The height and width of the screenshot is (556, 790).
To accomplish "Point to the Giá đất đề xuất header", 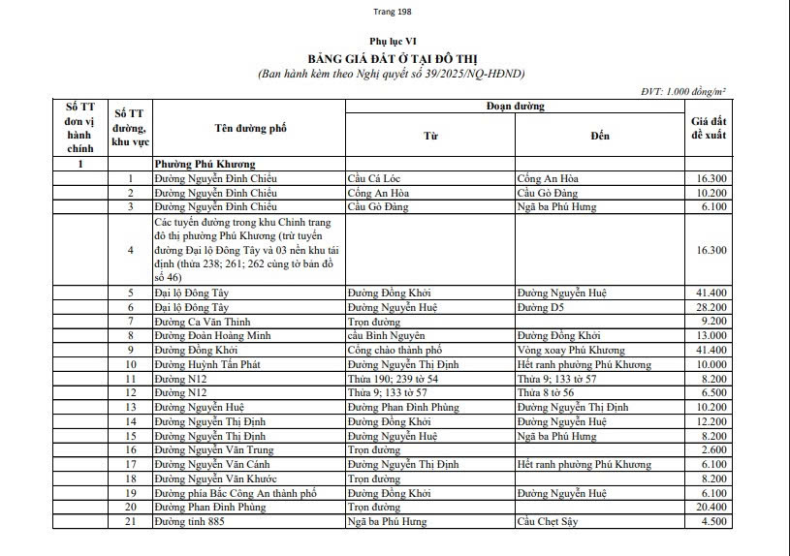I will pyautogui.click(x=708, y=128).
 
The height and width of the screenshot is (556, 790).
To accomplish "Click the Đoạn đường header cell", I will pyautogui.click(x=515, y=106).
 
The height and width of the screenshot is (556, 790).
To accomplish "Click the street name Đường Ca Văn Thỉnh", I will pyautogui.click(x=198, y=321).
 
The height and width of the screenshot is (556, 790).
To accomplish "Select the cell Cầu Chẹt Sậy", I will pyautogui.click(x=547, y=521).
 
